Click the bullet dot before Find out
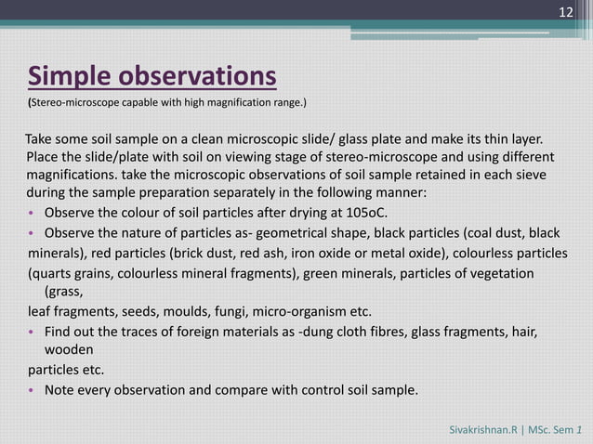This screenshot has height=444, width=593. click(x=31, y=333)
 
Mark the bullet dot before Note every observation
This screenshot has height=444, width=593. click(x=31, y=390)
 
